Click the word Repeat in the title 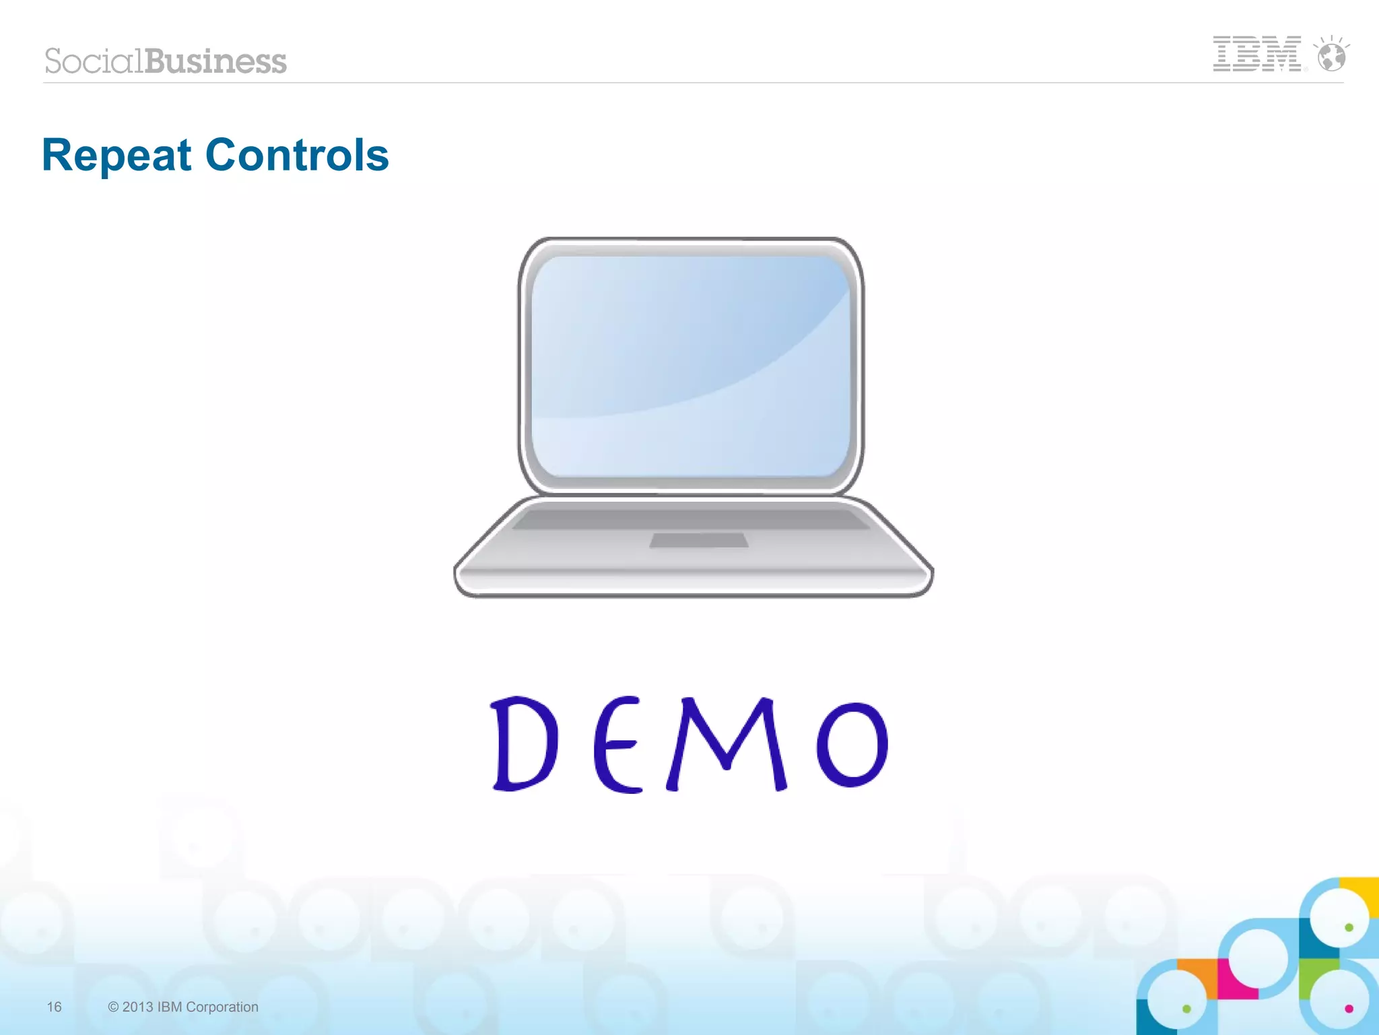click(116, 156)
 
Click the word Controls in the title click(296, 156)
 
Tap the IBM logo click(1256, 54)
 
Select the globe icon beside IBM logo click(1331, 56)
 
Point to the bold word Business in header click(215, 61)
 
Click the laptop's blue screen click(690, 367)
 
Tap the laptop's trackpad click(699, 540)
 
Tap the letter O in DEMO click(852, 744)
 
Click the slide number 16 click(54, 1007)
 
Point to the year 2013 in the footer click(137, 1007)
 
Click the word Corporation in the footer click(222, 1007)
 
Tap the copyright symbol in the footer click(113, 1007)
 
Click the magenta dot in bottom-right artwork click(1349, 1008)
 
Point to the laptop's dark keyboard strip click(690, 519)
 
